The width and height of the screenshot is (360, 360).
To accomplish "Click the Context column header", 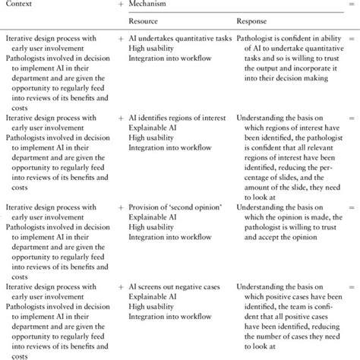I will (21, 6).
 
